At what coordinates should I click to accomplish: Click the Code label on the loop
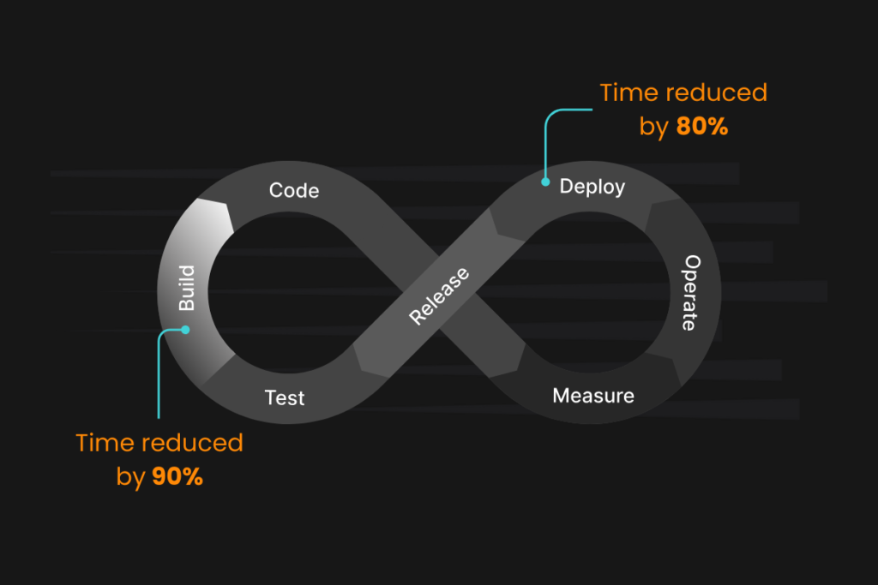click(294, 190)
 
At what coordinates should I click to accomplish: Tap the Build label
click(187, 288)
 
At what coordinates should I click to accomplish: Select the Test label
click(285, 397)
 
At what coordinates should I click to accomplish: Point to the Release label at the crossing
click(439, 296)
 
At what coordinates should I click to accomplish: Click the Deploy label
click(592, 186)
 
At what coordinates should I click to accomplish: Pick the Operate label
click(691, 293)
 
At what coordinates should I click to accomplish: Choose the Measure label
click(593, 396)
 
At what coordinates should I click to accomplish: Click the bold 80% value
click(702, 127)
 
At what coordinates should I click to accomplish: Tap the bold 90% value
click(177, 477)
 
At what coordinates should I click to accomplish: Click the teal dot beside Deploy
click(545, 182)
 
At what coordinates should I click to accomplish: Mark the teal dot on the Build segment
click(185, 329)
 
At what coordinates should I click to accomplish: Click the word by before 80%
click(654, 128)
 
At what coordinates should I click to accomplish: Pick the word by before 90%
click(130, 477)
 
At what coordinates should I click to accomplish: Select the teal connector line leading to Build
click(159, 377)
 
